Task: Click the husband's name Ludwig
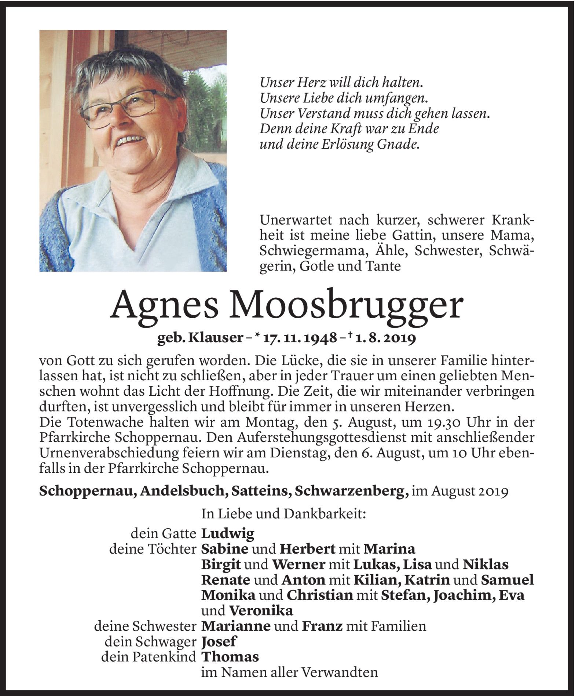pos(228,533)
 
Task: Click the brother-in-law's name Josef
pos(219,641)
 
